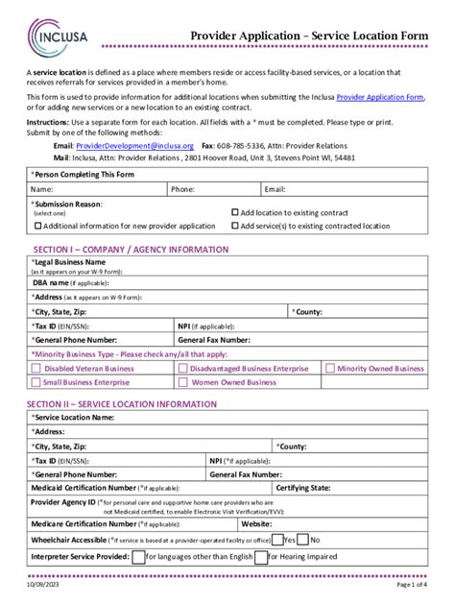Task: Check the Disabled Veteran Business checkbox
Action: pos(36,368)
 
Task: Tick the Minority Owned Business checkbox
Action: pos(330,368)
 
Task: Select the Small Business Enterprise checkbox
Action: pos(36,381)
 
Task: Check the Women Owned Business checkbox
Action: pos(181,381)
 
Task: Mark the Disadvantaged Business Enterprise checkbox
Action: pos(181,368)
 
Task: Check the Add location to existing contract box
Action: pos(235,212)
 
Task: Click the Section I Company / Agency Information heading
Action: pos(131,249)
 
